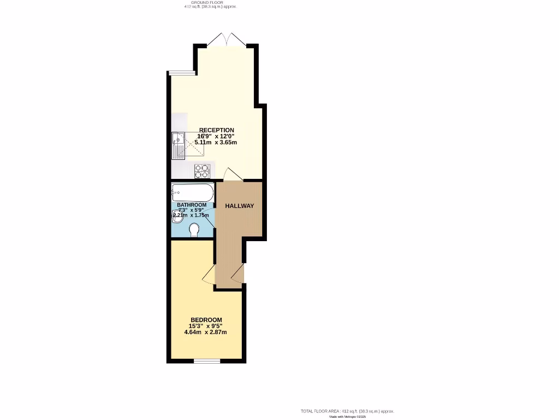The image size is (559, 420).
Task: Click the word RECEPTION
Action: click(x=217, y=130)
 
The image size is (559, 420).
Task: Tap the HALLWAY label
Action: click(x=240, y=206)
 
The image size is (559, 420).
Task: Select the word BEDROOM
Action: click(x=206, y=320)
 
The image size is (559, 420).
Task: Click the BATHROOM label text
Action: click(x=192, y=205)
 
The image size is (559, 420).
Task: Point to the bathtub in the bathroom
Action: click(x=192, y=192)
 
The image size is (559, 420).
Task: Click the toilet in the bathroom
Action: click(x=193, y=230)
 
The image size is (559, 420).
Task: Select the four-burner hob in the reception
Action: click(x=202, y=171)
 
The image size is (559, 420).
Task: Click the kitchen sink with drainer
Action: click(x=179, y=145)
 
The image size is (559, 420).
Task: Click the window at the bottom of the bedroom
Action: click(x=207, y=360)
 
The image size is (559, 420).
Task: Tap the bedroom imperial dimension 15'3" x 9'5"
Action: click(x=206, y=326)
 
